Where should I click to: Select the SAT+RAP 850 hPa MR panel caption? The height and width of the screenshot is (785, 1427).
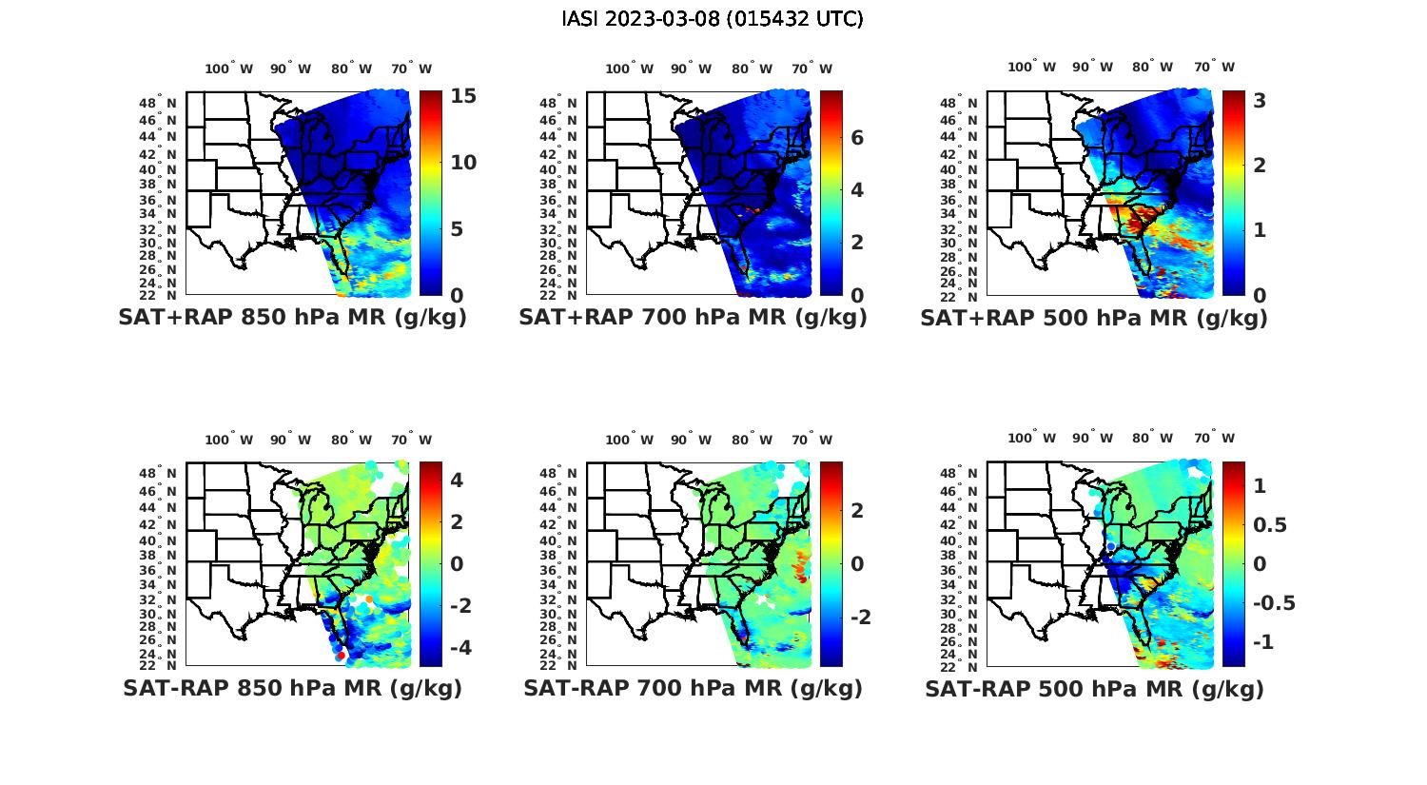pyautogui.click(x=292, y=318)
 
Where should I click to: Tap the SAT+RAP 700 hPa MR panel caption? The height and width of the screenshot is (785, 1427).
pyautogui.click(x=693, y=318)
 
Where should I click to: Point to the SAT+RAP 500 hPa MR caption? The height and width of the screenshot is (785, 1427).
pyautogui.click(x=1094, y=318)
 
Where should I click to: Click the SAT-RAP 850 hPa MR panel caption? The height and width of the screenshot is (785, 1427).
pyautogui.click(x=292, y=688)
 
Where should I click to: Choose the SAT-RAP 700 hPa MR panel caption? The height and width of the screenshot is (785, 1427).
pyautogui.click(x=693, y=688)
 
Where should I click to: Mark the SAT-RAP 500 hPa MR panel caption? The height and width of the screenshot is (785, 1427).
pyautogui.click(x=1094, y=688)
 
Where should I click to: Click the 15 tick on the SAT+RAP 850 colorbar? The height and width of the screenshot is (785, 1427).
pyautogui.click(x=463, y=97)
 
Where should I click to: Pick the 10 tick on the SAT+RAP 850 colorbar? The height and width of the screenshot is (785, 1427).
pyautogui.click(x=463, y=163)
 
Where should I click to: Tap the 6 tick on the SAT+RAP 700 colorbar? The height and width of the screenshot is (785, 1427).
pyautogui.click(x=857, y=138)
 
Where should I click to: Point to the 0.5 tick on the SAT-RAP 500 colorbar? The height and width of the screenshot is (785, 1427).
pyautogui.click(x=1273, y=525)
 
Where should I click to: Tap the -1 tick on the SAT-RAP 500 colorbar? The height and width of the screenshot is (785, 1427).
pyautogui.click(x=1263, y=642)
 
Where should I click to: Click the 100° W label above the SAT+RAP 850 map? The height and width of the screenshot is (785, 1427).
pyautogui.click(x=229, y=69)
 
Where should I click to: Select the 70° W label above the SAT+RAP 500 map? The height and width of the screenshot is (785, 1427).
pyautogui.click(x=1215, y=67)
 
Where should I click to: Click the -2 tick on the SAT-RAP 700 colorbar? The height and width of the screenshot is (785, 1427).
pyautogui.click(x=859, y=618)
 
